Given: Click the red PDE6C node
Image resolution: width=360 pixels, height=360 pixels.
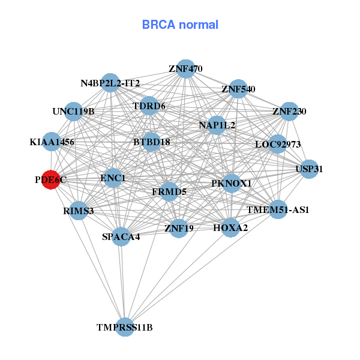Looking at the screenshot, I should (x=51, y=179).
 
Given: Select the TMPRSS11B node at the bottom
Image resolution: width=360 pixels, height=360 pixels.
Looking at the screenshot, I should (x=125, y=327).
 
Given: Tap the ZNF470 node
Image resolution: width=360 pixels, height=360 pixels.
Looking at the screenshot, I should (x=185, y=69).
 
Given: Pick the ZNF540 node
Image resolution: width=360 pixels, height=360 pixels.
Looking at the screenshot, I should (x=238, y=89).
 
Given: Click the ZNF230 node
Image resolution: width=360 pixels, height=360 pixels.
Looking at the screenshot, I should (x=289, y=111).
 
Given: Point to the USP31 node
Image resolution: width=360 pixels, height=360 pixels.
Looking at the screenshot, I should (x=310, y=169).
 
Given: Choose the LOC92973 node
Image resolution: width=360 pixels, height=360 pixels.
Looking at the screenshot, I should (x=277, y=144).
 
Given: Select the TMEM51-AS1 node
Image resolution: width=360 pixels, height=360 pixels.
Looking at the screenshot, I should (x=278, y=209).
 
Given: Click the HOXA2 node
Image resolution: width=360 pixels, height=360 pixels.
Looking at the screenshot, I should (x=230, y=227).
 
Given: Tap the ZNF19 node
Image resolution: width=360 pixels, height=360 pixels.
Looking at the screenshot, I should (x=179, y=228).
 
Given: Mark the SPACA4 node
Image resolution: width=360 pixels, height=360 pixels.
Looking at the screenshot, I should (x=121, y=236).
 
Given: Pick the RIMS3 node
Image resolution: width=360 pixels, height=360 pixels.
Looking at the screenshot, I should (x=79, y=211).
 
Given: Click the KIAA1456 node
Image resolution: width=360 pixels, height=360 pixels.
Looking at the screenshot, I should (x=52, y=142).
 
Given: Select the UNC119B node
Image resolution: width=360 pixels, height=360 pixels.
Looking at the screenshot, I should (x=73, y=111).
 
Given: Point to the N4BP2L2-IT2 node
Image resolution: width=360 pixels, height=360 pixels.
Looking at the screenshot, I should (x=110, y=83).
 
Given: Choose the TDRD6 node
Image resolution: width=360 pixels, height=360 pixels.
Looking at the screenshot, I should (x=149, y=106).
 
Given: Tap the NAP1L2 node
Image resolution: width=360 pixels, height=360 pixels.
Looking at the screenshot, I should (x=217, y=125).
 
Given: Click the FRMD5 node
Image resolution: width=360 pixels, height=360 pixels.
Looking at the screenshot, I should (x=169, y=192).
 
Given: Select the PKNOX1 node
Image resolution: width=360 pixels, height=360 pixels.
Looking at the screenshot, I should (x=232, y=183).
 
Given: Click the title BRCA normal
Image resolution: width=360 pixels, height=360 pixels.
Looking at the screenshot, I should (x=180, y=25).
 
